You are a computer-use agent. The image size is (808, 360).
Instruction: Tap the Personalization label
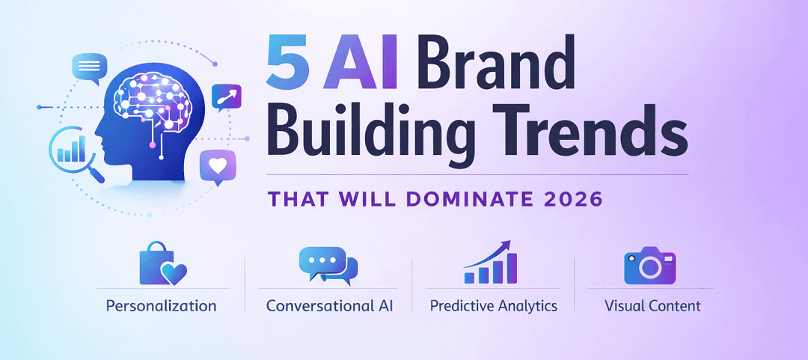pyautogui.click(x=161, y=305)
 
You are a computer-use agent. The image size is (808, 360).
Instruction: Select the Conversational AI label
pyautogui.click(x=329, y=305)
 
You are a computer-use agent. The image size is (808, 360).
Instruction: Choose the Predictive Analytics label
pyautogui.click(x=494, y=305)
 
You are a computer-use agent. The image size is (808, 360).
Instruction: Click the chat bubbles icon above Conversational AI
pyautogui.click(x=328, y=265)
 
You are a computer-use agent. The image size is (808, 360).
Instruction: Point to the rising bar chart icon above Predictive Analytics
pyautogui.click(x=492, y=263)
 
